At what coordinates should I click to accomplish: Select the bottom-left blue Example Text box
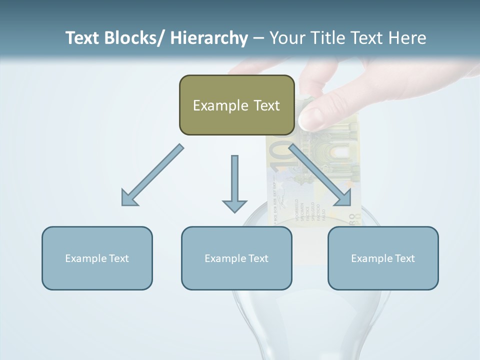[97, 258]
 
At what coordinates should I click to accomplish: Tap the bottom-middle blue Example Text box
[236, 258]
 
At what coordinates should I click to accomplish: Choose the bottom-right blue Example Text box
[383, 258]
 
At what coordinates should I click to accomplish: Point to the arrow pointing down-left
[152, 175]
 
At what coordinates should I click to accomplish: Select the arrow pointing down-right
[320, 175]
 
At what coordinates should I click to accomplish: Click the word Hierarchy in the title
[209, 38]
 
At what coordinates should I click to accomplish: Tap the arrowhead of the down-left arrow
[128, 198]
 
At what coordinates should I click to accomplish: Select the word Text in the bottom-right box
[404, 258]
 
